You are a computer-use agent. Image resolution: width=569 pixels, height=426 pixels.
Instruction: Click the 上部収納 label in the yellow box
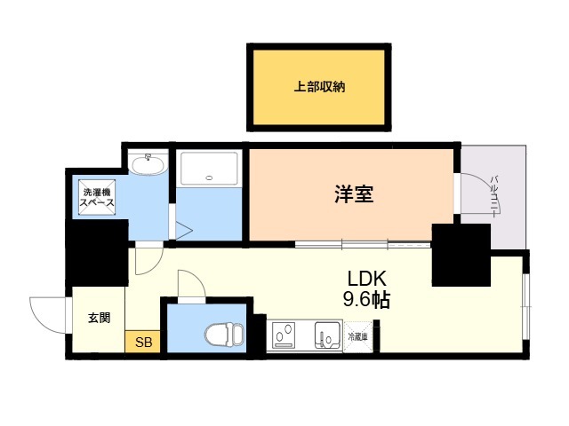pos(319,87)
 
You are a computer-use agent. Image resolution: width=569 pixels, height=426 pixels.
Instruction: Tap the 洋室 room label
pos(353,194)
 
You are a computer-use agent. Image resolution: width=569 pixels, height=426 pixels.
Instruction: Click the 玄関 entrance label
pos(99,318)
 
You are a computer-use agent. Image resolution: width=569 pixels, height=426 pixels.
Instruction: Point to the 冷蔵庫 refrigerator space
pos(359,336)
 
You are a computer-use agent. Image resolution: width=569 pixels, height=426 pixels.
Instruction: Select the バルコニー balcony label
pos(495,195)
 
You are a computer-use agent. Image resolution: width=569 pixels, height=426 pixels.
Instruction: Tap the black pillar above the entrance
pos(97,251)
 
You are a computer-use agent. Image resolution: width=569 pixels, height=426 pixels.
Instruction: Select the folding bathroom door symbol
pos(181,228)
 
